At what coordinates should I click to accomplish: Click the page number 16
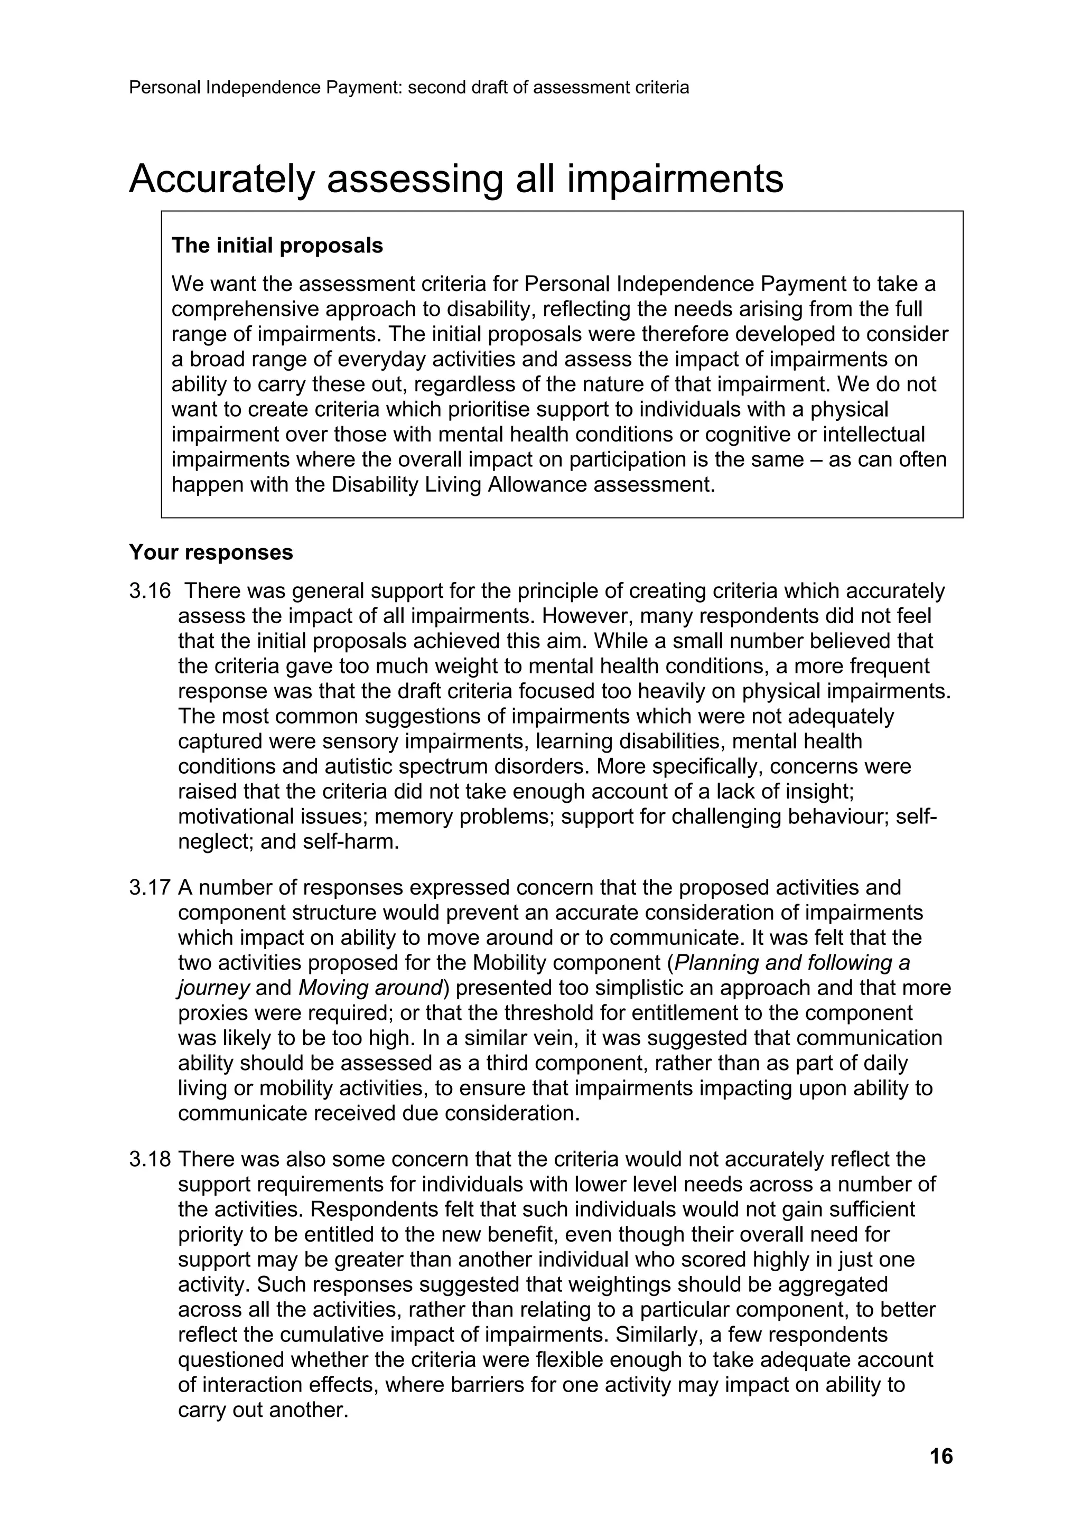click(x=940, y=1457)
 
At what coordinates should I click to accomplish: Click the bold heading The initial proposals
click(x=277, y=246)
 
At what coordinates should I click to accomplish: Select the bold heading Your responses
click(x=211, y=552)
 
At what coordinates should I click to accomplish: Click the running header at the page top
click(x=409, y=87)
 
